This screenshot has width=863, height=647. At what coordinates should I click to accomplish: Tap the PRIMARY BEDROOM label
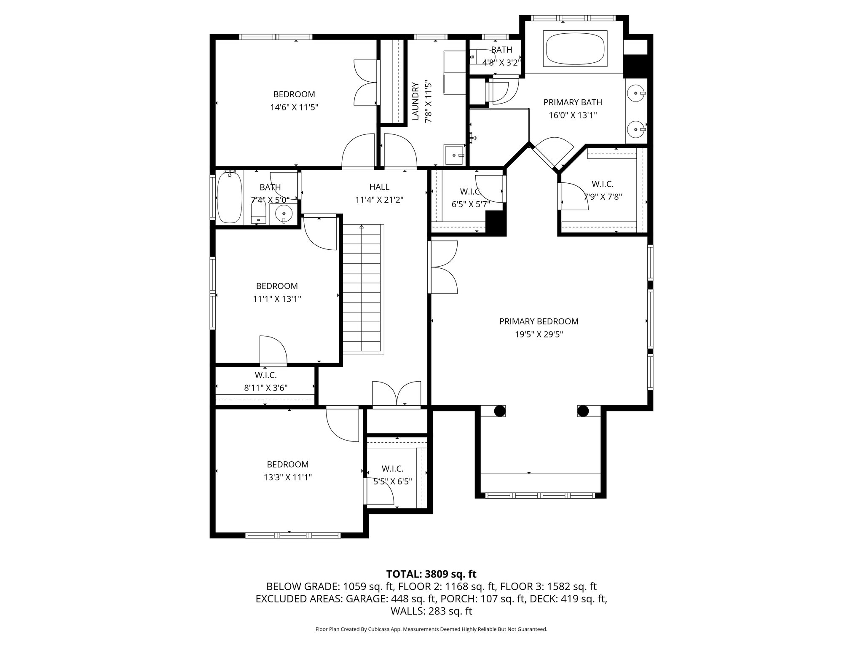(539, 321)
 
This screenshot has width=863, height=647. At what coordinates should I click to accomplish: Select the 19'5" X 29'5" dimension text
(539, 334)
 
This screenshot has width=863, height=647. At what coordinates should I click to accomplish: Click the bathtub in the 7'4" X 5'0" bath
(229, 198)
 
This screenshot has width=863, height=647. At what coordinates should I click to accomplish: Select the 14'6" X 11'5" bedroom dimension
(294, 107)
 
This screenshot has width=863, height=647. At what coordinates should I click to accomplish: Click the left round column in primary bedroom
(499, 411)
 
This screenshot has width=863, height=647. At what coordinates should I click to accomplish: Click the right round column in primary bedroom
(583, 411)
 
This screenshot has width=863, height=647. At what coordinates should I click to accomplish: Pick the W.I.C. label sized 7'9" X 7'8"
(602, 184)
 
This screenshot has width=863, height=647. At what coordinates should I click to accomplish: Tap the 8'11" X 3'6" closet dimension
(265, 388)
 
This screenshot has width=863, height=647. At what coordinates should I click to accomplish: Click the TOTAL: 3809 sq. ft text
(431, 574)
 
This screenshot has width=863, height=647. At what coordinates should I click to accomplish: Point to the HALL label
(379, 187)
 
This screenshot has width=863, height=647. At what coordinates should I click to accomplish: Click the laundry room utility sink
(454, 155)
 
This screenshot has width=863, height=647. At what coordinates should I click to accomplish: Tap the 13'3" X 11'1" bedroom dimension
(287, 477)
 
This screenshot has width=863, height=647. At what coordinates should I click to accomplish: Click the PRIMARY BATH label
(572, 102)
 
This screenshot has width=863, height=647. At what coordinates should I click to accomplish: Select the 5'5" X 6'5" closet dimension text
(392, 481)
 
